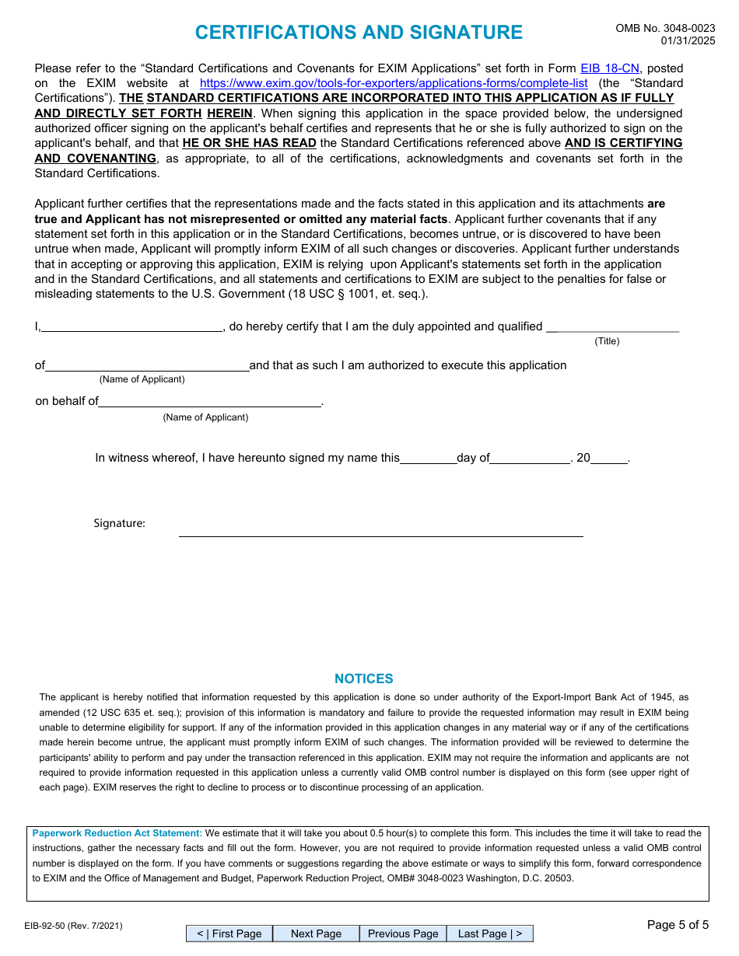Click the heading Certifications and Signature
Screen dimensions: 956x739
[359, 33]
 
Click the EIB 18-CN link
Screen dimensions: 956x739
[610, 68]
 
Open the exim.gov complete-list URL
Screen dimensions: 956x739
[394, 83]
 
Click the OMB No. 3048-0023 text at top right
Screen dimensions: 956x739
[665, 28]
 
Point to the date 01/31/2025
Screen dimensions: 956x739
[688, 41]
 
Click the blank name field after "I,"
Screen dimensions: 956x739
[132, 326]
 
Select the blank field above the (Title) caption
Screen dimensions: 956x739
[618, 326]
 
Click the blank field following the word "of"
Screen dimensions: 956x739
[147, 365]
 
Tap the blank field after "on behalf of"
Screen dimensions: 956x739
[210, 401]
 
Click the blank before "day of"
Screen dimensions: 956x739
[428, 457]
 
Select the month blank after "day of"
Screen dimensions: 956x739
[530, 457]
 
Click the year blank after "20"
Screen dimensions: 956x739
[609, 457]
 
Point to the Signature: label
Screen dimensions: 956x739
[119, 523]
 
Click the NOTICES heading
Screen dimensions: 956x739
[363, 679]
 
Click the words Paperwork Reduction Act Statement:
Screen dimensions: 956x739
[117, 833]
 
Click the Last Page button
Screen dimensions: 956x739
[489, 933]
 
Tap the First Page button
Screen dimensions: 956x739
[229, 933]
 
